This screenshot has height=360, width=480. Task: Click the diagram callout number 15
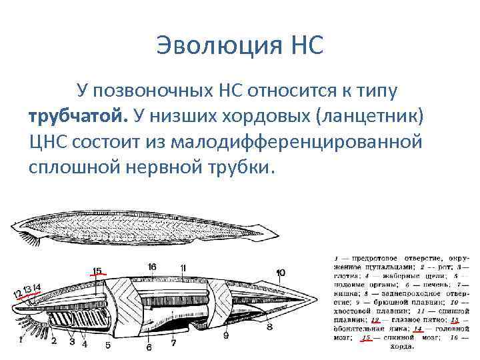(97, 271)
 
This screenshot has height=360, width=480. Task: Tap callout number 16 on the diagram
(152, 267)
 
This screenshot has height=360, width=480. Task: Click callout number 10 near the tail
(281, 272)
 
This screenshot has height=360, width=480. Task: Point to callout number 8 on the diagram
(269, 327)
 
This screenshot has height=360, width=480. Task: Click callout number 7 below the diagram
(173, 343)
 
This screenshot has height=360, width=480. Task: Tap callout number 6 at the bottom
(149, 347)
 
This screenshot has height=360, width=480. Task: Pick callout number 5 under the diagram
(107, 345)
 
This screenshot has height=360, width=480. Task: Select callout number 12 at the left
(17, 294)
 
